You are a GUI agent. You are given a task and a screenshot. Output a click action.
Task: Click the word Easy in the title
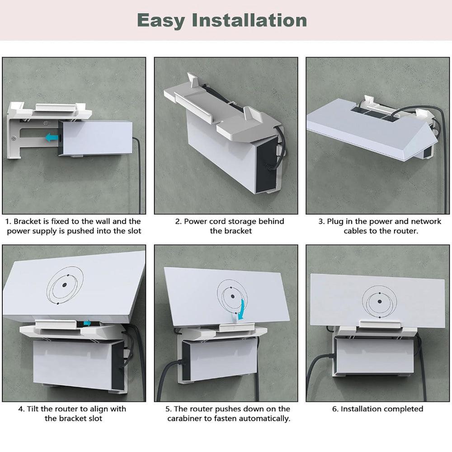point(161,21)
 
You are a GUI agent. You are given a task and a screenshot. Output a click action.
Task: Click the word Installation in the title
point(249,21)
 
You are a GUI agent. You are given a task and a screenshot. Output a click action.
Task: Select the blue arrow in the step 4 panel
point(86,323)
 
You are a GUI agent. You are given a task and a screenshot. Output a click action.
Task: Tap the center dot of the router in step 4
point(64,285)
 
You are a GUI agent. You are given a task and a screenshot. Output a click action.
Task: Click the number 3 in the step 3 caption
point(321,221)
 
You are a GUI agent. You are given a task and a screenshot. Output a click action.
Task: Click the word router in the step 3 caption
point(408,231)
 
